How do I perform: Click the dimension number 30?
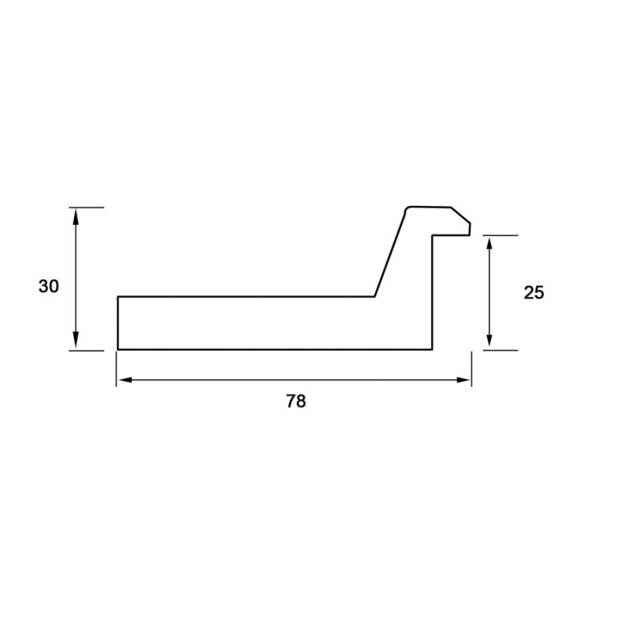pyautogui.click(x=49, y=286)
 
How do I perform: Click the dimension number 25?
pyautogui.click(x=534, y=293)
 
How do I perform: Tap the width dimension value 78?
pyautogui.click(x=295, y=401)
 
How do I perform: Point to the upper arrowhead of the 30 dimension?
pyautogui.click(x=76, y=217)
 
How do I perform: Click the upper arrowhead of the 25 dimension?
pyautogui.click(x=489, y=244)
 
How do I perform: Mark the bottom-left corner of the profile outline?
pyautogui.click(x=118, y=349)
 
